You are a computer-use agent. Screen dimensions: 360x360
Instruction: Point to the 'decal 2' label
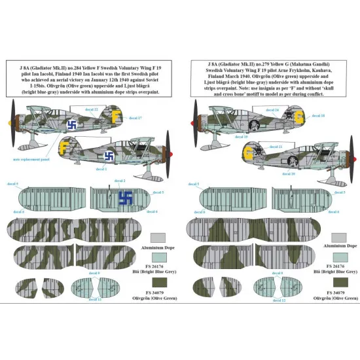[119, 181]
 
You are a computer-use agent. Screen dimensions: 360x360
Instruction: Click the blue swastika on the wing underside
[125, 197]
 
